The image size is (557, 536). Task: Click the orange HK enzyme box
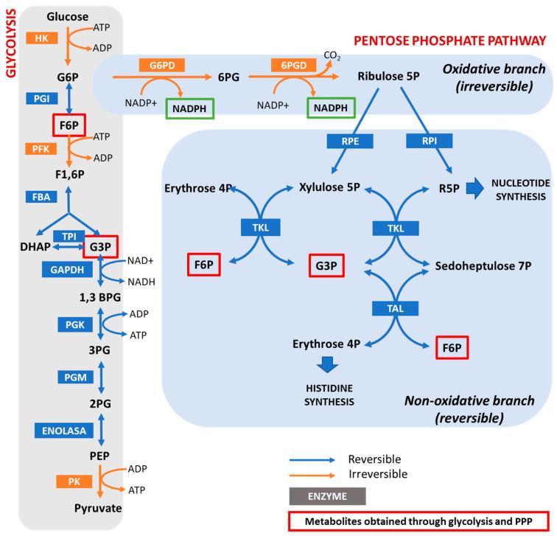click(41, 38)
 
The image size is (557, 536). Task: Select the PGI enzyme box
click(41, 97)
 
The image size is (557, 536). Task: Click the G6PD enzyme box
click(161, 66)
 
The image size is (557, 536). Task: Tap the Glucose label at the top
click(67, 16)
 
